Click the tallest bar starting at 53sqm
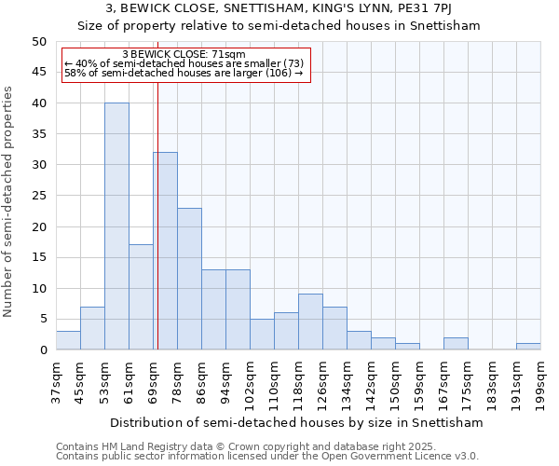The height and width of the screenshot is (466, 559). click(x=116, y=226)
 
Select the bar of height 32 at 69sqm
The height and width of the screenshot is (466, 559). click(x=166, y=252)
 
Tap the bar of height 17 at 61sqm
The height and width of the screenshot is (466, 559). click(x=141, y=297)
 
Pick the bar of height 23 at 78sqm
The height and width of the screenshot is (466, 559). click(x=189, y=279)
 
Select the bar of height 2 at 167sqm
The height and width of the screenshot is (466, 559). click(x=456, y=344)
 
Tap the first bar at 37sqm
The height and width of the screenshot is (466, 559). click(x=68, y=341)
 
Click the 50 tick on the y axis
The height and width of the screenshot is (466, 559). click(x=39, y=42)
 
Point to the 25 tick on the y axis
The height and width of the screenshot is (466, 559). click(x=39, y=196)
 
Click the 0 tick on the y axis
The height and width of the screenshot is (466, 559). click(x=43, y=350)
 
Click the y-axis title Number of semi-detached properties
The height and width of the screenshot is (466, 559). click(x=9, y=200)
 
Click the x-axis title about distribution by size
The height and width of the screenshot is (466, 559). click(x=296, y=422)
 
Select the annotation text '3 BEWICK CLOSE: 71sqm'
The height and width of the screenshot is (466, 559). click(x=184, y=55)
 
